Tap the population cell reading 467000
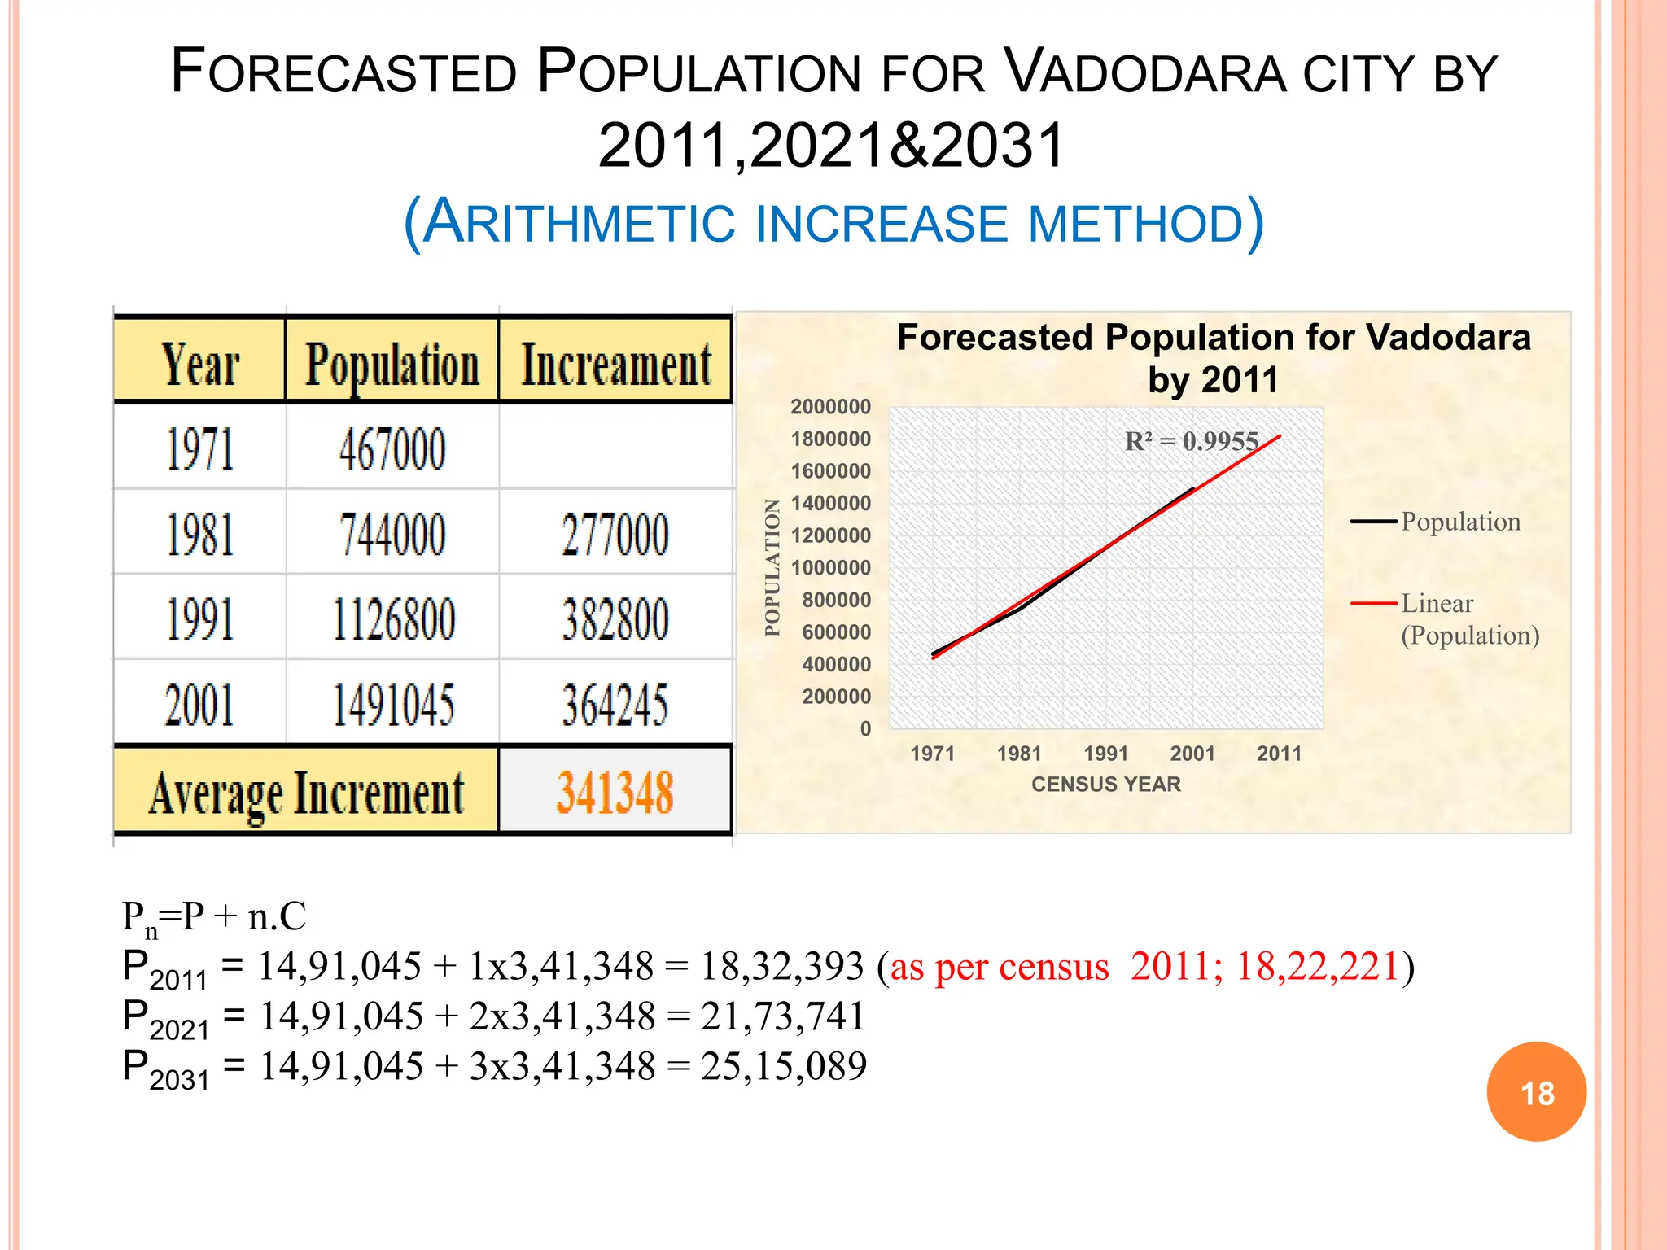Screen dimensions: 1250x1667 [392, 449]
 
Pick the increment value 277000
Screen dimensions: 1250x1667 [615, 535]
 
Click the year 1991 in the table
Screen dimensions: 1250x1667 [200, 619]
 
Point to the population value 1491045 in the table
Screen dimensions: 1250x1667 [393, 705]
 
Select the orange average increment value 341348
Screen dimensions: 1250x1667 [615, 793]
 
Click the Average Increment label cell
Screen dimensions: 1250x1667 [306, 793]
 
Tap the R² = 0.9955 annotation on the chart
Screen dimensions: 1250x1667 [1191, 441]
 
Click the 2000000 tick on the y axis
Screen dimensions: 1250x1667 [830, 407]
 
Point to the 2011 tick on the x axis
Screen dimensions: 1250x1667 [1279, 754]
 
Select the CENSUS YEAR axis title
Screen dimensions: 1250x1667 [1105, 785]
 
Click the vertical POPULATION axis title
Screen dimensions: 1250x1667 [772, 567]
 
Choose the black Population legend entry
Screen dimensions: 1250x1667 [1436, 522]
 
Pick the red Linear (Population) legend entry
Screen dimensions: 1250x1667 [1445, 618]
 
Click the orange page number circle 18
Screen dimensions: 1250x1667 [1537, 1092]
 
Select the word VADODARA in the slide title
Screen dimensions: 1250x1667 [1145, 73]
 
